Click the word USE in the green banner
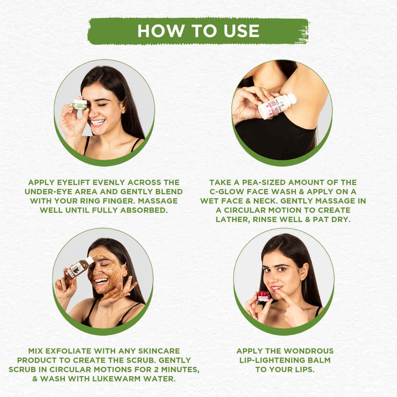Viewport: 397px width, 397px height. tap(241, 31)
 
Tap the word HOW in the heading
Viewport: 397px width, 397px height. tap(160, 31)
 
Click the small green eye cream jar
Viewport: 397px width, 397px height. tap(80, 104)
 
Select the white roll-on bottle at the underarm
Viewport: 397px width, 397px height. tap(277, 106)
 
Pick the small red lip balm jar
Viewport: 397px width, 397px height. tap(263, 296)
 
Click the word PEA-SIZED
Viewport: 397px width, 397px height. tap(264, 182)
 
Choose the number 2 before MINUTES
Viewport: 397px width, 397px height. tap(156, 369)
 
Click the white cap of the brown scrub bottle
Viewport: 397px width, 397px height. tap(90, 260)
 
